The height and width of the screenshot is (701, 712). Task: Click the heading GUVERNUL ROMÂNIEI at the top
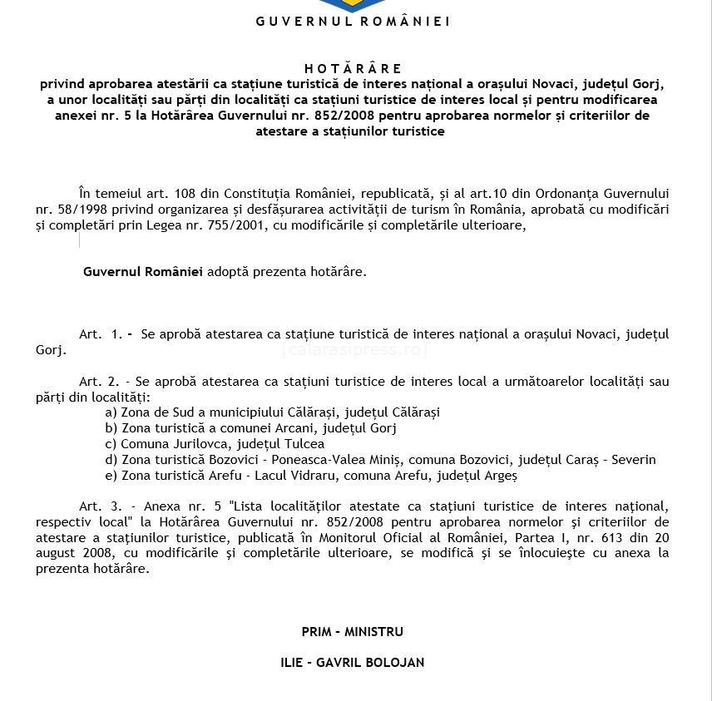click(x=353, y=22)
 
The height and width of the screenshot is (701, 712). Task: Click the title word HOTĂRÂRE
click(x=353, y=68)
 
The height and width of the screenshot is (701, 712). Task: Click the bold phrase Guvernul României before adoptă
click(x=143, y=272)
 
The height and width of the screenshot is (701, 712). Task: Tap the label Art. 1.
click(x=101, y=334)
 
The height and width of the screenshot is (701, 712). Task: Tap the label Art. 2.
click(x=97, y=381)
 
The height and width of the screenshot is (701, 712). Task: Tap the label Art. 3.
click(x=98, y=506)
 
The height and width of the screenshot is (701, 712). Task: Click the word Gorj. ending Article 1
click(x=50, y=350)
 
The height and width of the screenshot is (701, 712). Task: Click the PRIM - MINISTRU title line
click(x=353, y=632)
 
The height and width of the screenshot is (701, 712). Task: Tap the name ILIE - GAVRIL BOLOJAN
click(x=353, y=663)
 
